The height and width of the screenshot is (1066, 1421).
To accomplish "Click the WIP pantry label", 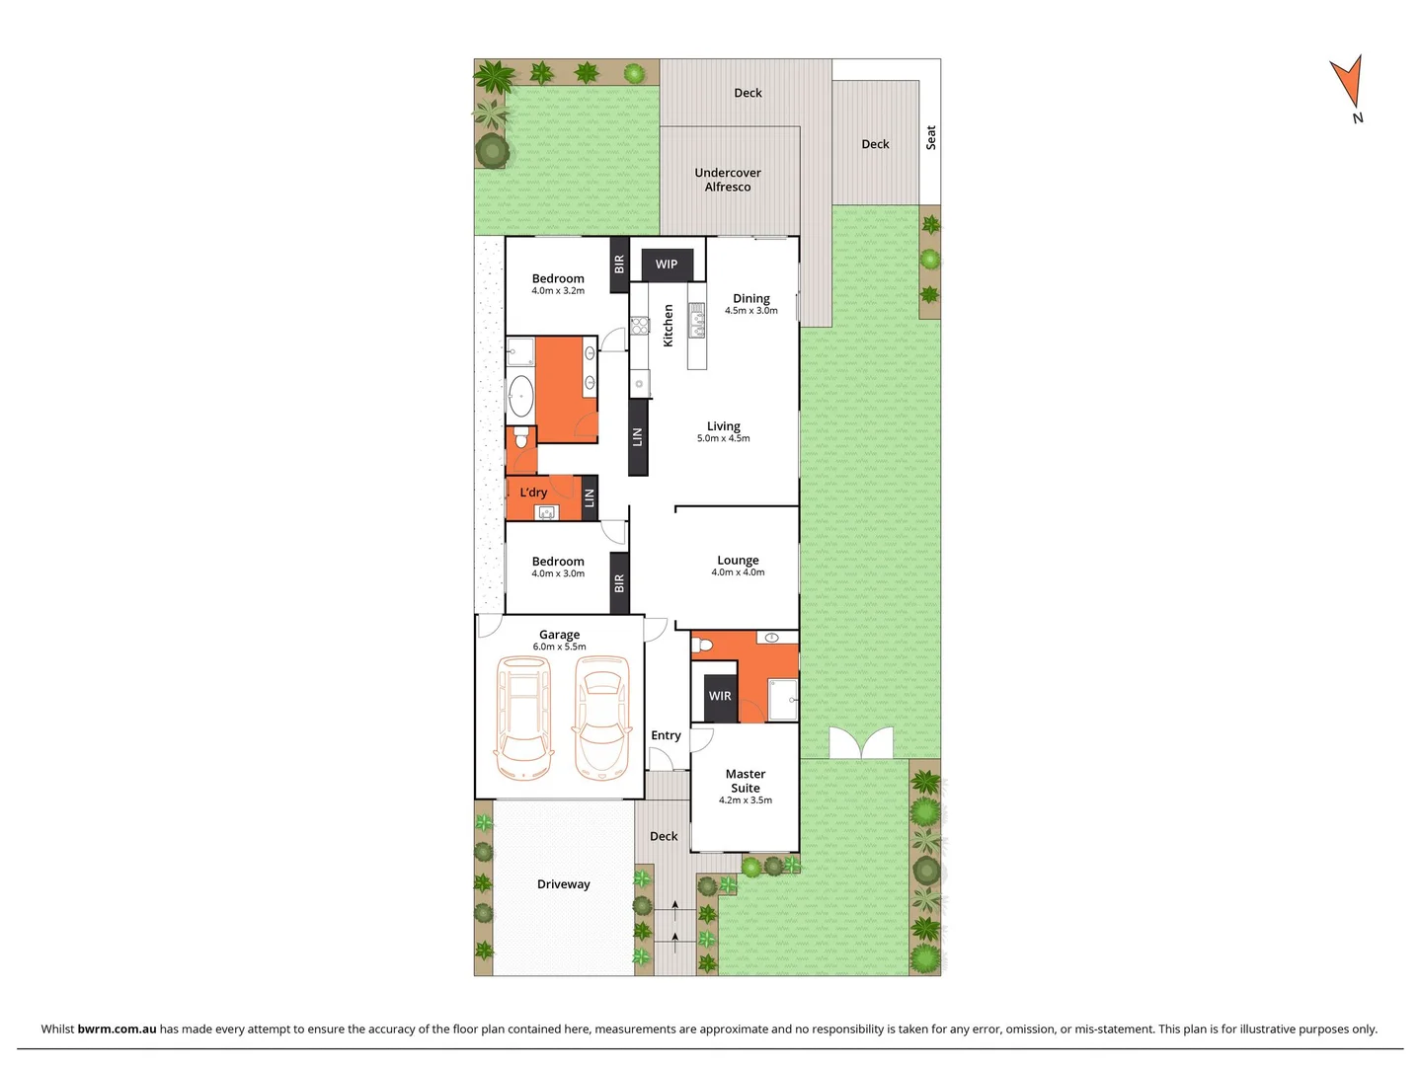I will pyautogui.click(x=667, y=265).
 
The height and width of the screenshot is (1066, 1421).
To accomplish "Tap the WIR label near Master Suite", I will pyautogui.click(x=720, y=697).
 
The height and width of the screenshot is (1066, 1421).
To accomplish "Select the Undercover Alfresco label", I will pyautogui.click(x=728, y=180).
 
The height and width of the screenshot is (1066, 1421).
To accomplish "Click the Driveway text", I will pyautogui.click(x=563, y=884).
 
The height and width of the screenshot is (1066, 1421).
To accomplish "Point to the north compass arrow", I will pyautogui.click(x=1348, y=83).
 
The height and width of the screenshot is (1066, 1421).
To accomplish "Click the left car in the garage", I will pyautogui.click(x=523, y=718).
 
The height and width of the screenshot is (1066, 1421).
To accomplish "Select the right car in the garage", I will pyautogui.click(x=600, y=718).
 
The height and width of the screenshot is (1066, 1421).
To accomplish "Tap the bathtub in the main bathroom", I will pyautogui.click(x=520, y=397).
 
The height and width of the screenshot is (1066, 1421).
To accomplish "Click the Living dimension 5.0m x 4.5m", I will pyautogui.click(x=723, y=439).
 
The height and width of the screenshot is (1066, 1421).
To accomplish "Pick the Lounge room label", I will pyautogui.click(x=738, y=560).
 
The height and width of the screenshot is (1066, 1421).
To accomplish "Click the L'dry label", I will pyautogui.click(x=533, y=493).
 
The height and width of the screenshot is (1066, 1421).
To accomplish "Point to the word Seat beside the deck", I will pyautogui.click(x=930, y=137).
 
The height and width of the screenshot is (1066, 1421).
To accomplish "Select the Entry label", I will pyautogui.click(x=666, y=735).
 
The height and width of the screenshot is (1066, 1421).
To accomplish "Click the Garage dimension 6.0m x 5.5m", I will pyautogui.click(x=559, y=647).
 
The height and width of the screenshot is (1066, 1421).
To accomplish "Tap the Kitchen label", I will pyautogui.click(x=669, y=325).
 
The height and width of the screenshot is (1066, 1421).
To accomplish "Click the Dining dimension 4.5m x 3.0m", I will pyautogui.click(x=750, y=311).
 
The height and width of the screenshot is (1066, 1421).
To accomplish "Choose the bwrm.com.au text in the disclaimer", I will pyautogui.click(x=117, y=1028).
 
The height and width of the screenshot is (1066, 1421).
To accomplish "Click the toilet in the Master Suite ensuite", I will pyautogui.click(x=702, y=646).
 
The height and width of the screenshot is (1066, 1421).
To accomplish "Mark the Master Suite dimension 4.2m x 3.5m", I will pyautogui.click(x=745, y=800).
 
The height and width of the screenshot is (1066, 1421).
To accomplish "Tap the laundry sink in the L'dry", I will pyautogui.click(x=546, y=512).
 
